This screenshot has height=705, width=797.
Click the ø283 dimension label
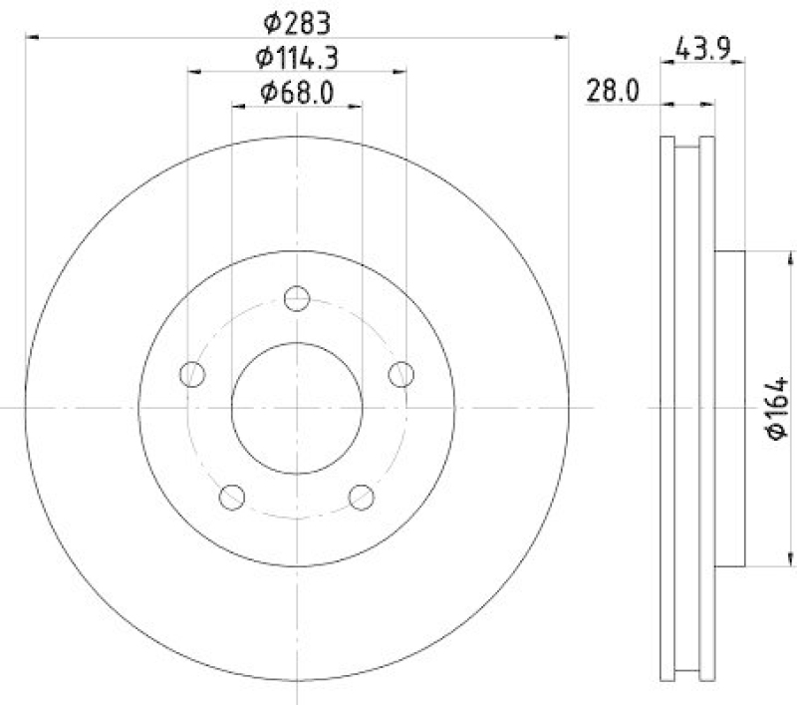point(296,21)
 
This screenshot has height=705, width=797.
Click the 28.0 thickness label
point(613,93)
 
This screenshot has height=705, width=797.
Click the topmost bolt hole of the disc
point(297,298)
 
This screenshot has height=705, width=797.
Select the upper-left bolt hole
point(192,375)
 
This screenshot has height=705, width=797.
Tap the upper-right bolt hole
point(400,375)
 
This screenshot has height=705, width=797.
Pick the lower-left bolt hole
point(232,496)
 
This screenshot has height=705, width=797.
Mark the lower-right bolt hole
point(362,496)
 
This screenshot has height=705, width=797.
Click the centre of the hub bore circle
point(297,408)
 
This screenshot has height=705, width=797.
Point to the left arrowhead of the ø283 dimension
point(30,37)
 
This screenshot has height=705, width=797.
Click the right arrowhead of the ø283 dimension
point(565,37)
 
